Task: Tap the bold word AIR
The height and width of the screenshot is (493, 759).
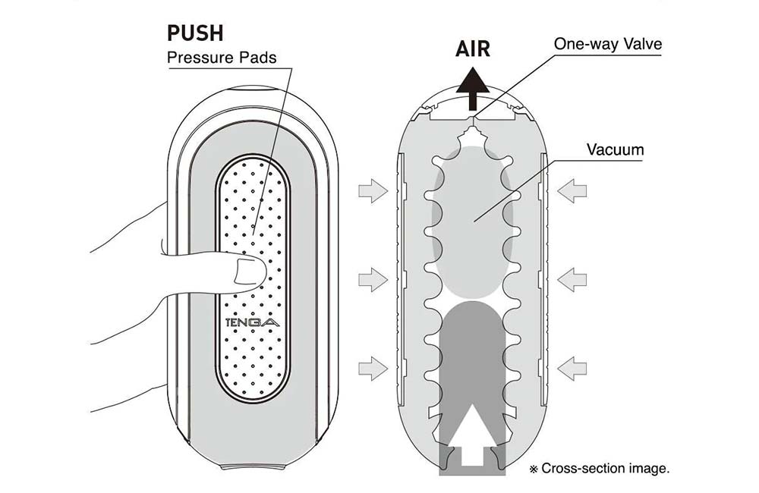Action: pyautogui.click(x=472, y=49)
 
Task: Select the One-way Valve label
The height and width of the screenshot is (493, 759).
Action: pyautogui.click(x=607, y=44)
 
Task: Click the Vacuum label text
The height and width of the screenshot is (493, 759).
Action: pyautogui.click(x=615, y=149)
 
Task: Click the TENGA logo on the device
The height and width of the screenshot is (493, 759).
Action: pyautogui.click(x=253, y=322)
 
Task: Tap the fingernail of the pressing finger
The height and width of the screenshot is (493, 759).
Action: pyautogui.click(x=247, y=270)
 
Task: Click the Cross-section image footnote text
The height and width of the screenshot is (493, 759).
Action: pyautogui.click(x=604, y=469)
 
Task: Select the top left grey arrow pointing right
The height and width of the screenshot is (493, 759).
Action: pyautogui.click(x=373, y=193)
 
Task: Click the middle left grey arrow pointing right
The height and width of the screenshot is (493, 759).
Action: pyautogui.click(x=373, y=280)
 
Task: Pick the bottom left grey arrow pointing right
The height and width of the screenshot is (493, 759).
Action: pyautogui.click(x=373, y=369)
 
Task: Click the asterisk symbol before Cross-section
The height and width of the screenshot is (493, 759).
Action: pyautogui.click(x=534, y=469)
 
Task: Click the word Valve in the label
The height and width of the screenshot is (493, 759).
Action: pyautogui.click(x=642, y=44)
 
